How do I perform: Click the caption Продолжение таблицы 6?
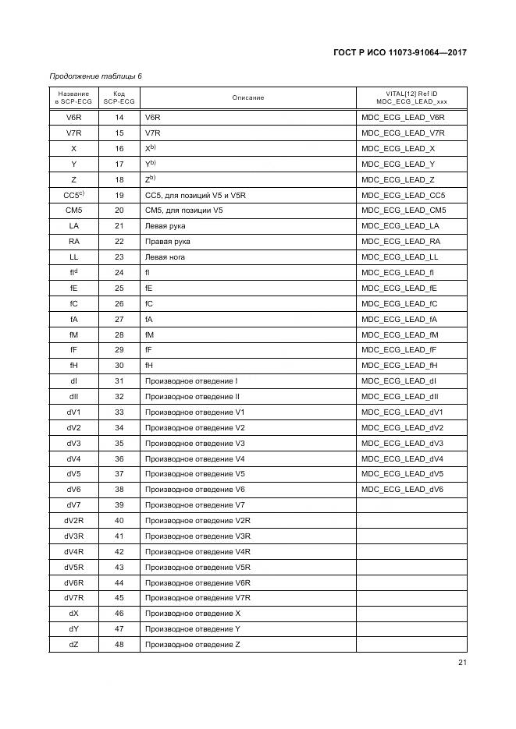[95, 76]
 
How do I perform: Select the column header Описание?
[247, 98]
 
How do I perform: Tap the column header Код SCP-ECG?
[119, 98]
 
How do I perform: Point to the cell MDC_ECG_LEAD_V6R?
[402, 118]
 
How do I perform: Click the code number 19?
[119, 195]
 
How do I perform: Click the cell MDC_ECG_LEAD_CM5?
[403, 211]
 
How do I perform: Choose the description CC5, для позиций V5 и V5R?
[195, 195]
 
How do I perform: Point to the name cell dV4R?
[73, 551]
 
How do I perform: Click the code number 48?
[119, 644]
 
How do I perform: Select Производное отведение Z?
[192, 644]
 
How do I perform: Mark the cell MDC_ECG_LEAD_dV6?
[402, 490]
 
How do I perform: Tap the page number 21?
[461, 664]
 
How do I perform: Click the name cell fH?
[73, 366]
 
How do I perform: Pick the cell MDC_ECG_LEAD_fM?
[399, 334]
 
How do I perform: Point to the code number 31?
[119, 381]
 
